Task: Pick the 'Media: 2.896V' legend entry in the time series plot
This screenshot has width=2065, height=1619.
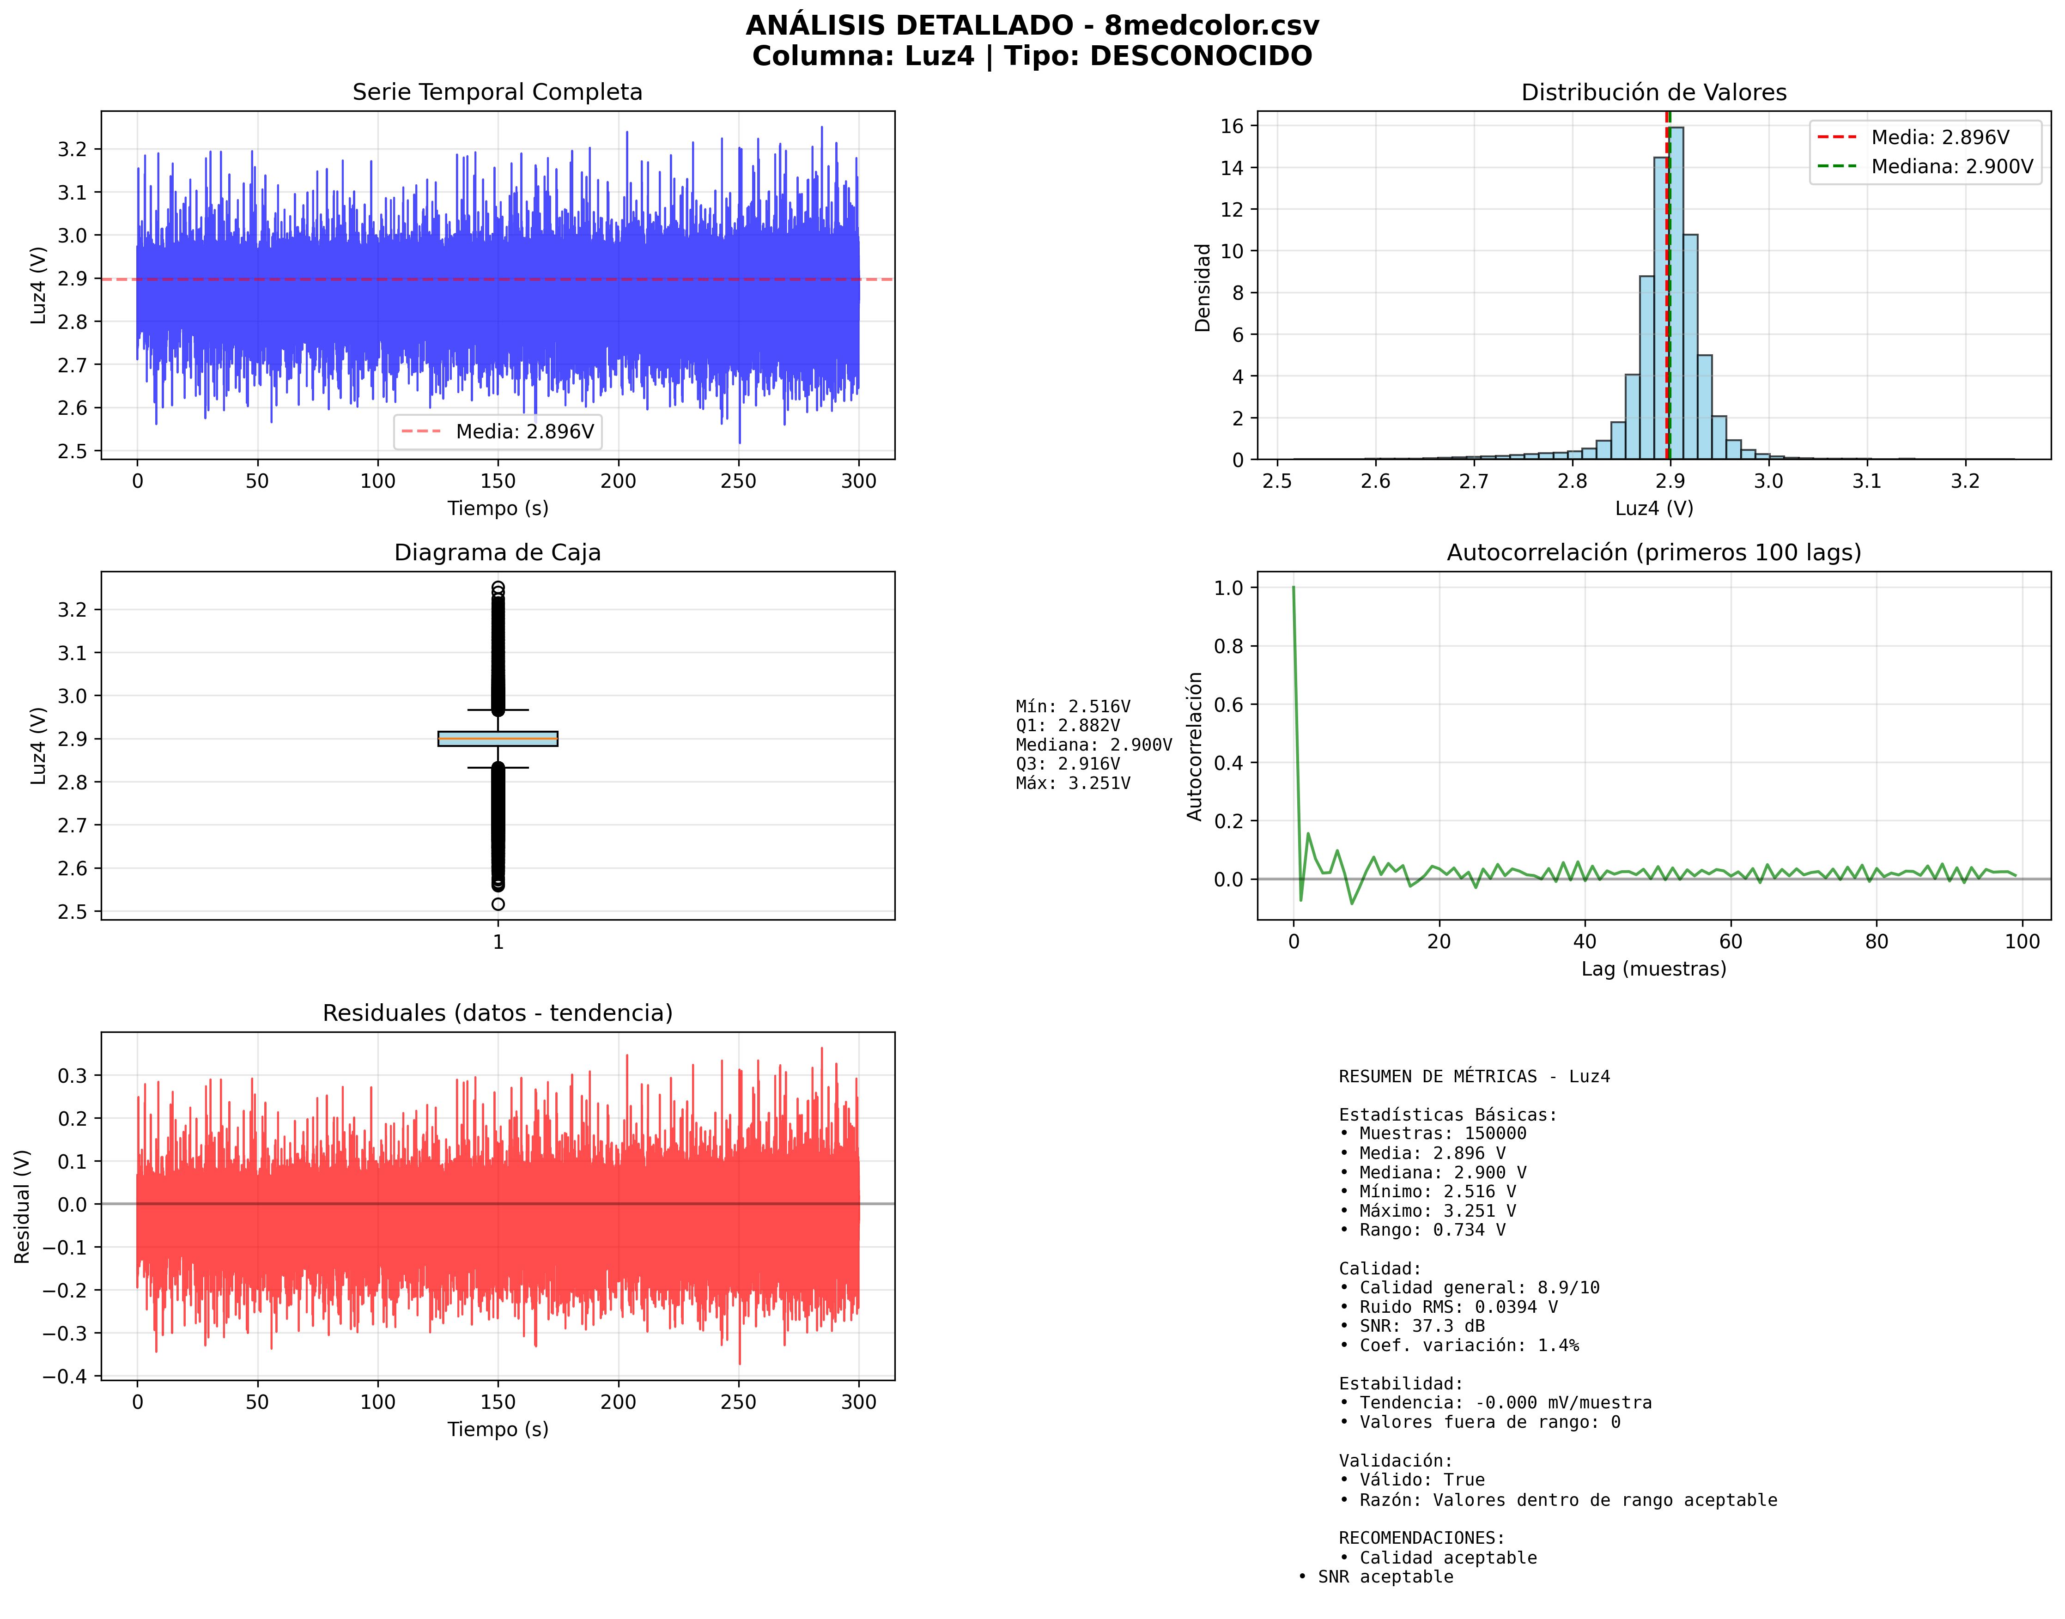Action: (524, 431)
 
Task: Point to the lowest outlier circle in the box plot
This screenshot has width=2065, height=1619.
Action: (498, 904)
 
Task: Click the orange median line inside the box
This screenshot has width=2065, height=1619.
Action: (498, 739)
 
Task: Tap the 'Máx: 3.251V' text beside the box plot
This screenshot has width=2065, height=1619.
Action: (1072, 783)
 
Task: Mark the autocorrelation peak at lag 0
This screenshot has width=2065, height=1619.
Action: (1293, 588)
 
